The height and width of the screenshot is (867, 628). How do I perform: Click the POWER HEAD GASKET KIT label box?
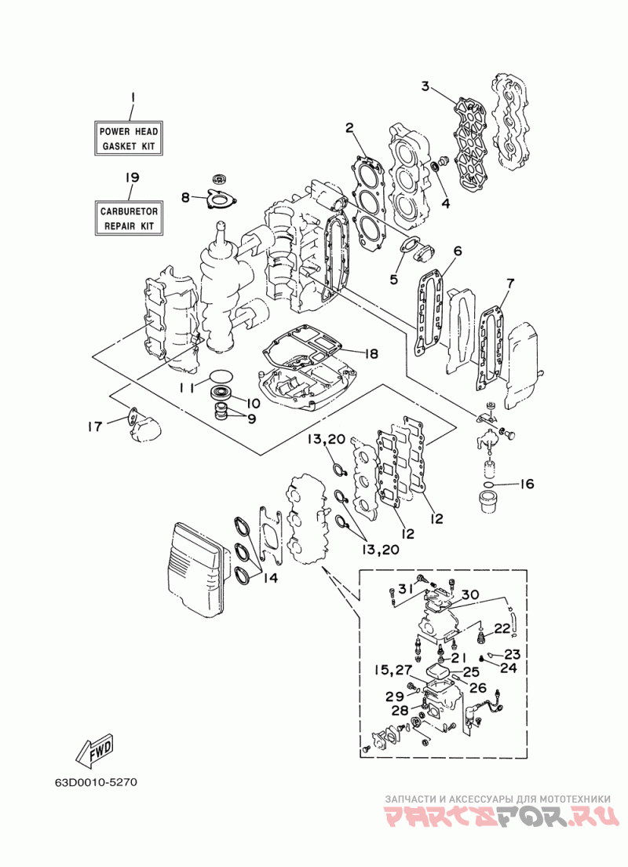pyautogui.click(x=128, y=139)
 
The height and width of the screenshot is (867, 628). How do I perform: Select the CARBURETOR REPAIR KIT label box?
pyautogui.click(x=129, y=218)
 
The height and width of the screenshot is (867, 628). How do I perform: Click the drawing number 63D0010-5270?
pyautogui.click(x=96, y=782)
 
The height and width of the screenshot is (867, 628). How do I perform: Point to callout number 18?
pyautogui.click(x=371, y=353)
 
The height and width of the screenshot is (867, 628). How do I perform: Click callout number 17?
pyautogui.click(x=94, y=426)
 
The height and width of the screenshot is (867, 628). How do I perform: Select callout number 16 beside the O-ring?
pyautogui.click(x=527, y=485)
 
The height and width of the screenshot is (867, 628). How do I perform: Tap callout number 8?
pyautogui.click(x=184, y=197)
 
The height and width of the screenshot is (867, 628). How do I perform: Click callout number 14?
pyautogui.click(x=270, y=578)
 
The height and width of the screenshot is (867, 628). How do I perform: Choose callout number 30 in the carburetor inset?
pyautogui.click(x=470, y=594)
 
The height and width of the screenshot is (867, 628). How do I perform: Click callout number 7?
pyautogui.click(x=509, y=284)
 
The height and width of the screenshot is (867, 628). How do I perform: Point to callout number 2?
pyautogui.click(x=349, y=128)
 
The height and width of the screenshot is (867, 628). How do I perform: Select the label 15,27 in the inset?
pyautogui.click(x=392, y=670)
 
